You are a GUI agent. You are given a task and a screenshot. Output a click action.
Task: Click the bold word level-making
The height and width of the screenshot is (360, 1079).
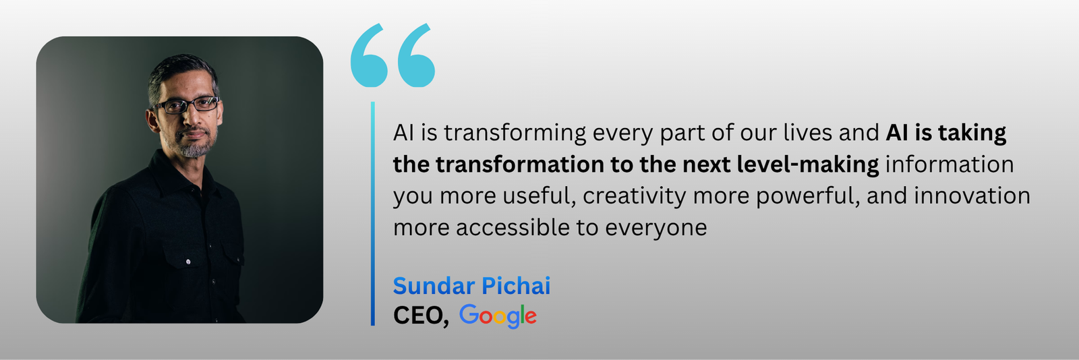(809, 165)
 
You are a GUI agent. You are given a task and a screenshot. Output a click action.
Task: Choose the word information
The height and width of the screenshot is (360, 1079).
(950, 164)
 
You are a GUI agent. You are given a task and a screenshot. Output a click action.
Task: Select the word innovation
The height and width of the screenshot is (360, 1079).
(972, 196)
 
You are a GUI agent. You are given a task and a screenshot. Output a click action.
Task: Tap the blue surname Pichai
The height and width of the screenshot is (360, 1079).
(516, 286)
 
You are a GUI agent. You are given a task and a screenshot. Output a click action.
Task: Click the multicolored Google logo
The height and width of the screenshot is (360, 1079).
(498, 316)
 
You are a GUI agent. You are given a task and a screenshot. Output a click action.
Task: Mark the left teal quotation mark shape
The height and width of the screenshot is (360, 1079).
(369, 55)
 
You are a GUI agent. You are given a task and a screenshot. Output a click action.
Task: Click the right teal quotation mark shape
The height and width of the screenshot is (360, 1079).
(416, 55)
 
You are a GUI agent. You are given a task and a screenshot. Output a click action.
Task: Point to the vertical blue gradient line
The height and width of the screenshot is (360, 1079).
(373, 214)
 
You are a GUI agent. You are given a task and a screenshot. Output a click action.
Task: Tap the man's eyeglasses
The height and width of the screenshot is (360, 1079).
(186, 104)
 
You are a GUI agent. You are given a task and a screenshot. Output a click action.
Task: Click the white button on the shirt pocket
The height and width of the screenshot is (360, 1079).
(188, 262)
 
